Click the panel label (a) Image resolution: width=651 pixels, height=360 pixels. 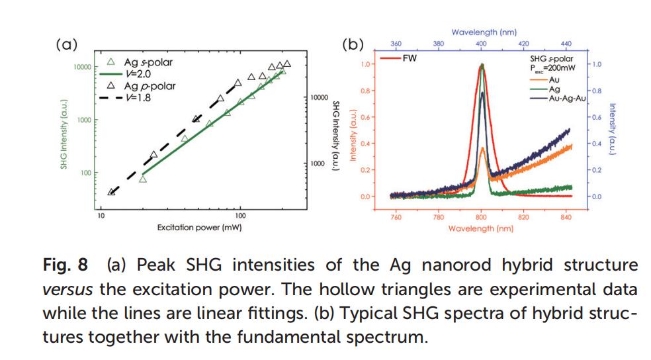(x=66, y=45)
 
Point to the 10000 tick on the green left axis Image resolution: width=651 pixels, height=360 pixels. (x=81, y=67)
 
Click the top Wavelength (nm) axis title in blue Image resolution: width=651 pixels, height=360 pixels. (x=484, y=32)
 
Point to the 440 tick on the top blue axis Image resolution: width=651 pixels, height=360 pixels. (x=566, y=44)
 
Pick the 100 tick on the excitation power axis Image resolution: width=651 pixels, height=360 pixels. (x=240, y=216)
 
